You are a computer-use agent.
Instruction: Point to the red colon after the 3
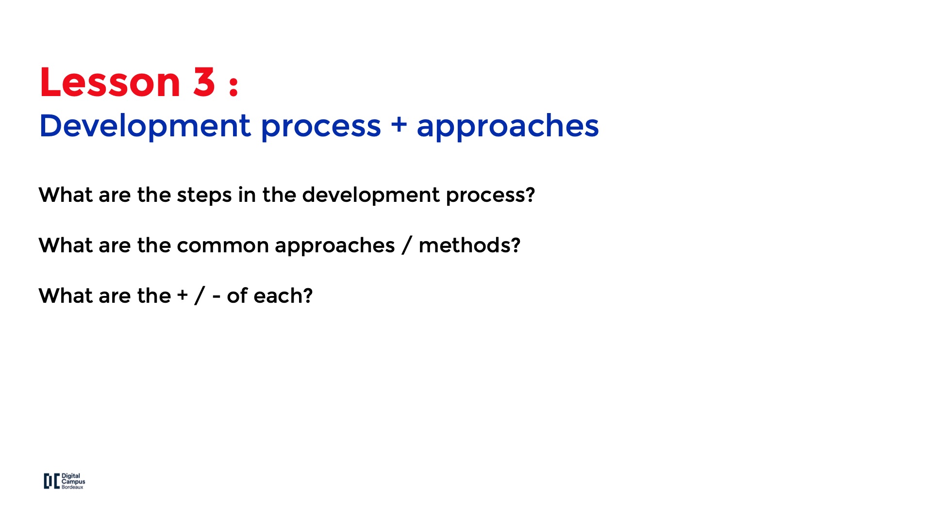point(233,85)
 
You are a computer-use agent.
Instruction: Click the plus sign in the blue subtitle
point(399,124)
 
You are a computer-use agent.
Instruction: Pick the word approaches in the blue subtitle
point(508,127)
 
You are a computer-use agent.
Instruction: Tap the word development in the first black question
point(371,196)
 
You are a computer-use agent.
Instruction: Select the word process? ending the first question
point(490,196)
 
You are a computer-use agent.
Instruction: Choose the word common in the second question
point(223,246)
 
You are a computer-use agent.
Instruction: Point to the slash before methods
point(407,246)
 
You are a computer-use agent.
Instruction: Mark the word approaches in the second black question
point(335,246)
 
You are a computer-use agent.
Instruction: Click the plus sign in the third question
point(183,295)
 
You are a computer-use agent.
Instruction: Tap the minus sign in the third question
point(216,296)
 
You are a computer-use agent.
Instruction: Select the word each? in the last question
point(283,295)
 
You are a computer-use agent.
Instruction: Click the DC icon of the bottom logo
point(51,481)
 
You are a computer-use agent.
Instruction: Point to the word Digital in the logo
point(71,476)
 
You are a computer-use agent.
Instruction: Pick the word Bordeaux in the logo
point(72,487)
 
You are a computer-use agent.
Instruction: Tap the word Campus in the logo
point(73,482)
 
